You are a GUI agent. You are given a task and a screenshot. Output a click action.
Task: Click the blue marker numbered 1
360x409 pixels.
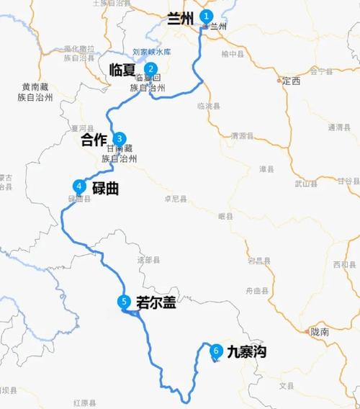(207, 16)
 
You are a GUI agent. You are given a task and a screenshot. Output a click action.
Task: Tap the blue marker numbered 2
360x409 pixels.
(150, 69)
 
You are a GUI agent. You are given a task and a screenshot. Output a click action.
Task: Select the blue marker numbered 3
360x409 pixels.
(120, 139)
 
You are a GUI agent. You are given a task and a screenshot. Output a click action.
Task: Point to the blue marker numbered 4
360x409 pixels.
(79, 185)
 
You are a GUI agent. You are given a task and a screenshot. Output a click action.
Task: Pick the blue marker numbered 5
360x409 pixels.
(125, 302)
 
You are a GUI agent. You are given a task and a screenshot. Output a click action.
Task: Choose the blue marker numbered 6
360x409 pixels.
(215, 351)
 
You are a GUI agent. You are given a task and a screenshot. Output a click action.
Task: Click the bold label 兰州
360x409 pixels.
(181, 19)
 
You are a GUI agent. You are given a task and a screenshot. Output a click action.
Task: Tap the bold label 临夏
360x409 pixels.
(122, 70)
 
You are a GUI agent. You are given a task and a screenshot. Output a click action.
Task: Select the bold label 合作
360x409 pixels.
(95, 139)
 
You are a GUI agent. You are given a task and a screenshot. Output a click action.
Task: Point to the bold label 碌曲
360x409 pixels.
(105, 189)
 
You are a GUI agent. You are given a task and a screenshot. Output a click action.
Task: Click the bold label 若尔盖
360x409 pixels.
(156, 303)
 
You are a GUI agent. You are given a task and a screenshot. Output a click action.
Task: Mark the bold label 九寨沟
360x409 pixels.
(247, 352)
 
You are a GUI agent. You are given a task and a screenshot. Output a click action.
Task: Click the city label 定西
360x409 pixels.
(291, 81)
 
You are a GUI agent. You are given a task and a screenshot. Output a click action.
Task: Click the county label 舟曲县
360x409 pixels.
(256, 290)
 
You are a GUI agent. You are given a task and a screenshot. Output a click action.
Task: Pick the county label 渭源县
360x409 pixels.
(242, 135)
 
